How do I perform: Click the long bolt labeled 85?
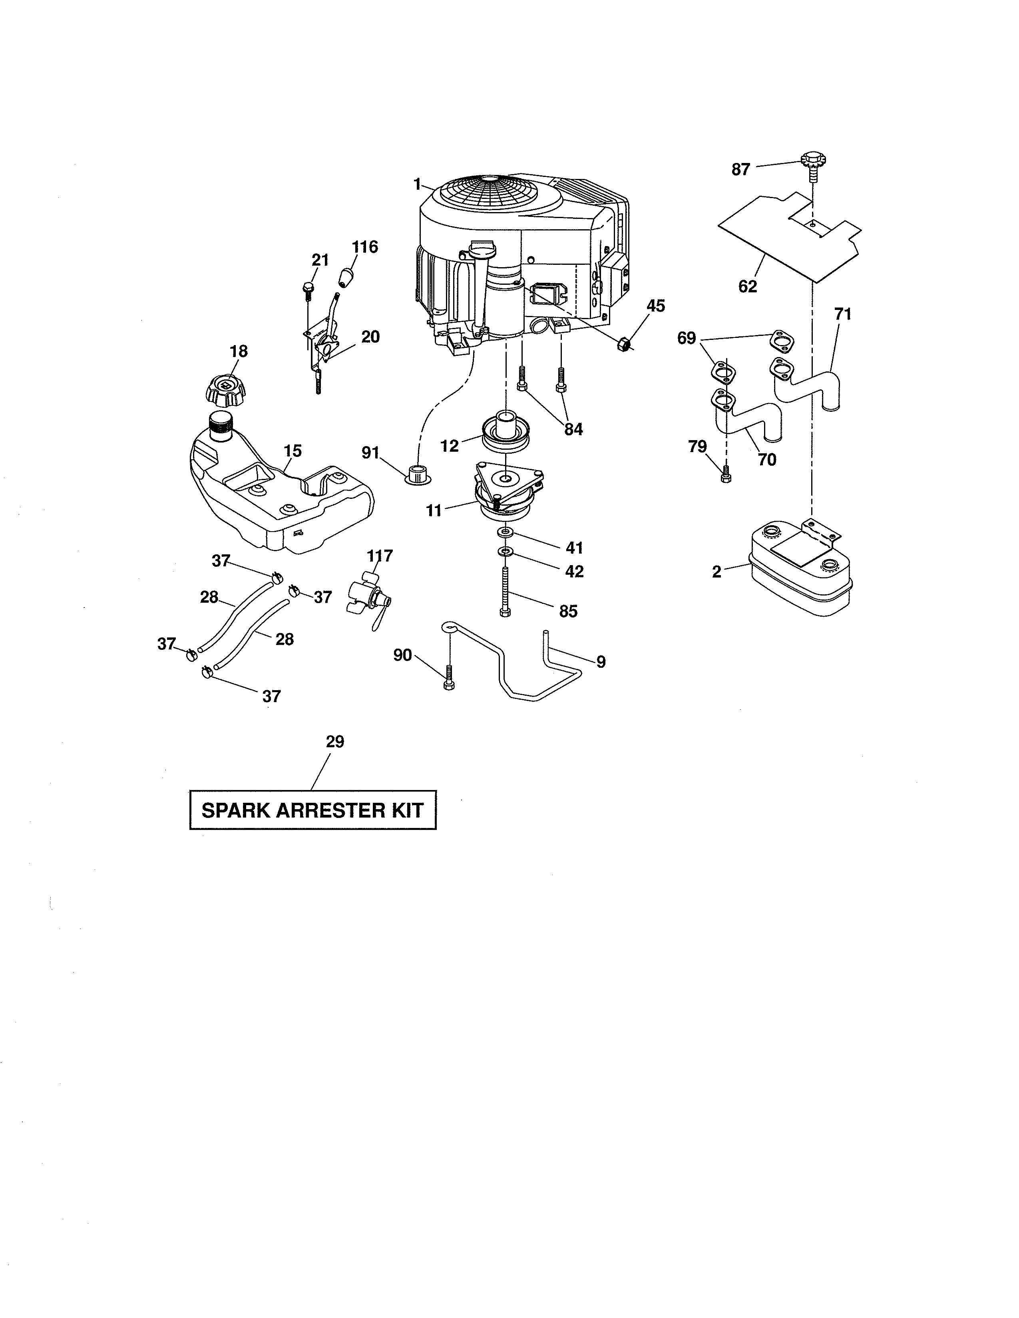pyautogui.click(x=505, y=592)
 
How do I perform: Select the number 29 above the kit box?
pyautogui.click(x=334, y=742)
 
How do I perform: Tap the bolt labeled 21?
pyautogui.click(x=308, y=288)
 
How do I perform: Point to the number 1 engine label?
pyautogui.click(x=416, y=184)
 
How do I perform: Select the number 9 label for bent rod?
pyautogui.click(x=601, y=662)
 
